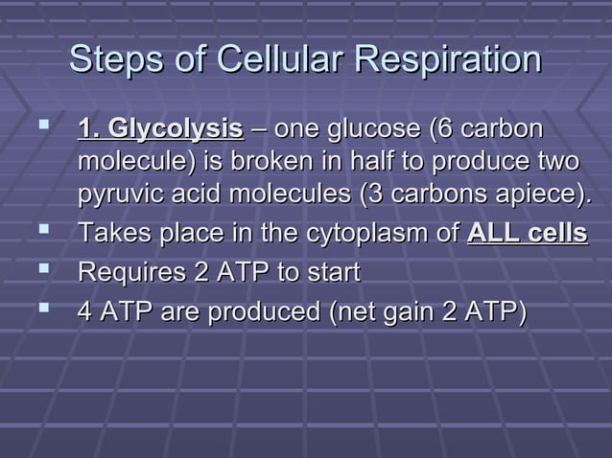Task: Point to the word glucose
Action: pyautogui.click(x=364, y=129)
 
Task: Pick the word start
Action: pyautogui.click(x=330, y=273)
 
